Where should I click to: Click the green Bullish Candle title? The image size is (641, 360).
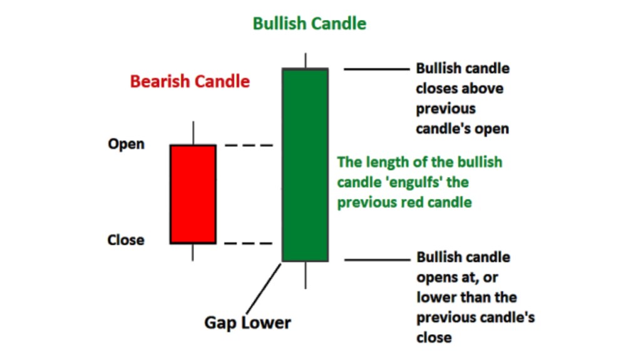point(309,24)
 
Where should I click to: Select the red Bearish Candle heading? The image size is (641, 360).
point(190,81)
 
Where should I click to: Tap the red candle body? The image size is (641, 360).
point(193,194)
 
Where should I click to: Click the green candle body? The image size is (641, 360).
point(305,165)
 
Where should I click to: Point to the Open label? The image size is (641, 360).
point(126,144)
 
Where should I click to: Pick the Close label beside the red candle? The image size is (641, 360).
point(126,240)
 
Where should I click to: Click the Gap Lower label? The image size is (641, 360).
point(247,323)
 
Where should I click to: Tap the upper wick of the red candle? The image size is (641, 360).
point(193,133)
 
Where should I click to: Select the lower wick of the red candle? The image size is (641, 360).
point(193,252)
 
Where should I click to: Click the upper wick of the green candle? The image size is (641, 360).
point(305,60)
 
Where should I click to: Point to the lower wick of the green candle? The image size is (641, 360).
point(305,275)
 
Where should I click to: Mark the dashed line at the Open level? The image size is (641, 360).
point(249,145)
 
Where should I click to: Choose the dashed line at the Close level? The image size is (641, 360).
point(249,243)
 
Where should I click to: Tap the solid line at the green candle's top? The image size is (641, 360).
point(375,68)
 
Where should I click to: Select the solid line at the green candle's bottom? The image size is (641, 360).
point(375,260)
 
